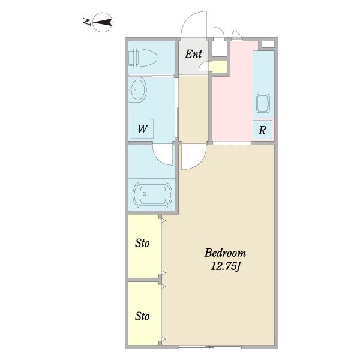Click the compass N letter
pos(86,22)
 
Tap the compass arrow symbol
pos(103,22)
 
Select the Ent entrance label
pos(193,54)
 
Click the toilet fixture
pos(143,58)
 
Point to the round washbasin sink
pos(137,89)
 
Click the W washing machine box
pos(142,128)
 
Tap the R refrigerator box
pos(262,130)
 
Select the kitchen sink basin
pos(263,103)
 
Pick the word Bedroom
pos(225,253)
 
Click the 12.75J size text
pos(225,266)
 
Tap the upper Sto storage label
pos(142,243)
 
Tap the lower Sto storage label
pos(142,316)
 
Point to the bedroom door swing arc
pos(200,161)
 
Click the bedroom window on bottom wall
pos(209,347)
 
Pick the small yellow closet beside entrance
pos(218,67)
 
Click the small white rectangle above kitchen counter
pos(268,44)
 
